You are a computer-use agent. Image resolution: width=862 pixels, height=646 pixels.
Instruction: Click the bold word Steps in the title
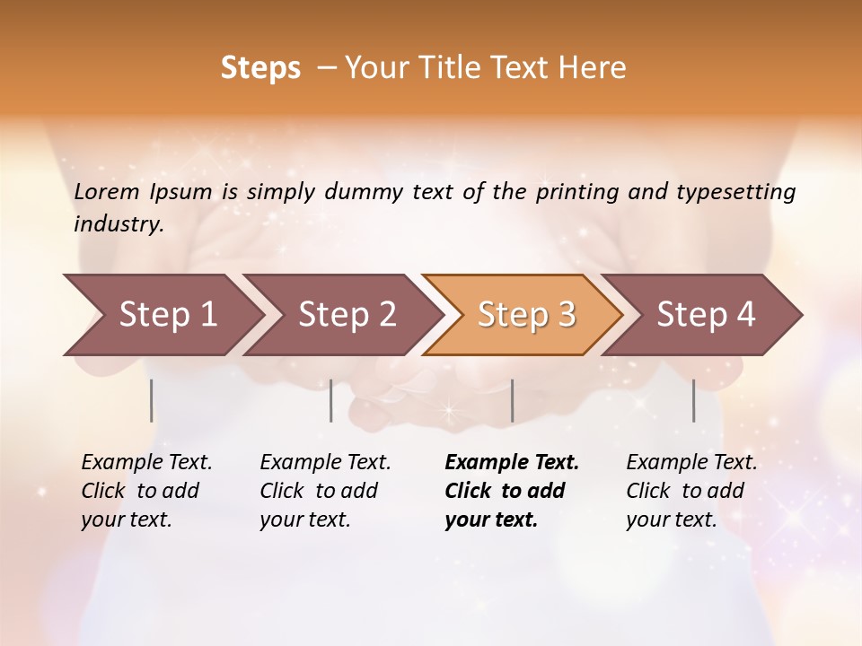[260, 68]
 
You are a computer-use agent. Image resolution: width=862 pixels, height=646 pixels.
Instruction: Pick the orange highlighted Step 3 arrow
[525, 315]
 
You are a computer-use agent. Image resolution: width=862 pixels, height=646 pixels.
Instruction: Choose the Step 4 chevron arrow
[706, 315]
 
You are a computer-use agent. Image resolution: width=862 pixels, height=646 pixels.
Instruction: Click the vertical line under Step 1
[152, 400]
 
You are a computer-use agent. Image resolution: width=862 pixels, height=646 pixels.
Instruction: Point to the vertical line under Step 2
[331, 400]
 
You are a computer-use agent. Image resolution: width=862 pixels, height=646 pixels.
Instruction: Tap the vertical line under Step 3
[513, 400]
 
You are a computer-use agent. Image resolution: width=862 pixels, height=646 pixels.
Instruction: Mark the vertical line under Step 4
[694, 400]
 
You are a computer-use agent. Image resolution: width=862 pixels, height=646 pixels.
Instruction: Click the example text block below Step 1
[146, 491]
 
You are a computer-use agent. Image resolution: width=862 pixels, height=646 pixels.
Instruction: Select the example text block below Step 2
[325, 491]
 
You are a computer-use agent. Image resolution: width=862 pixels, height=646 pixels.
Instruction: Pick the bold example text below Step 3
[512, 491]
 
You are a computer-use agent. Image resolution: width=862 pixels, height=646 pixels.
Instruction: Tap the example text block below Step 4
[691, 491]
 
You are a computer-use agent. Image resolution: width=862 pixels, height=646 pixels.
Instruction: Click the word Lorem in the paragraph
[107, 191]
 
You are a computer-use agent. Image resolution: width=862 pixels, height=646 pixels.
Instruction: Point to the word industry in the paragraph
[118, 224]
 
